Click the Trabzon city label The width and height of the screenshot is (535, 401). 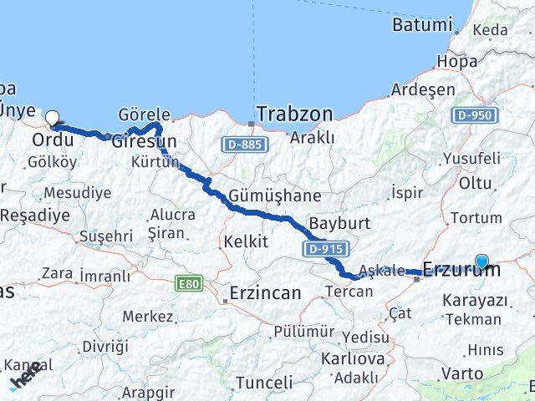tap(294, 113)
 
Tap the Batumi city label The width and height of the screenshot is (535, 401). tap(422, 24)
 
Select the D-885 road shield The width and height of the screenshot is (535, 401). tap(239, 145)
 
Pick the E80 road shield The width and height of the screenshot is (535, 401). tap(189, 285)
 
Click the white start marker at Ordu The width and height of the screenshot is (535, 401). tap(53, 119)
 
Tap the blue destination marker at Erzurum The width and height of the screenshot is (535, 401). tap(481, 261)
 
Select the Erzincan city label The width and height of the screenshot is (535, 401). tap(265, 293)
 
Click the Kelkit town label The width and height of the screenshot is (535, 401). tap(246, 241)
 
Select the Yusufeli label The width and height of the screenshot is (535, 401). tap(471, 158)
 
